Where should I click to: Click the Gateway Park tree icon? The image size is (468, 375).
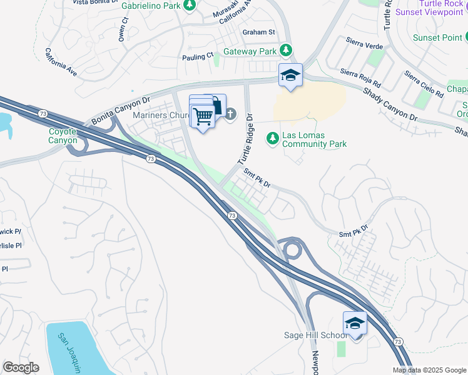(x=286, y=49)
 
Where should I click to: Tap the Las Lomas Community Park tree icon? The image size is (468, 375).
(x=272, y=137)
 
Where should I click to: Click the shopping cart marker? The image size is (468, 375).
(x=203, y=116)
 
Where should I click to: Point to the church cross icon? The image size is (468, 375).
(x=230, y=114)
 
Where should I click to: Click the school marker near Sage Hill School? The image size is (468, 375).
(x=354, y=323)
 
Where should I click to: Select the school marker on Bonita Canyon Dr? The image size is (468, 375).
(x=290, y=76)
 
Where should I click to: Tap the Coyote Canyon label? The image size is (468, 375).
(x=63, y=136)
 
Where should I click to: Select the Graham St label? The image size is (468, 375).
(x=258, y=32)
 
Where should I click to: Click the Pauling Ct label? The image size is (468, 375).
(x=198, y=57)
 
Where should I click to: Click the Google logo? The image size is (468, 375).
(x=21, y=367)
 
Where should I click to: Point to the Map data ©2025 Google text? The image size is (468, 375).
(x=429, y=370)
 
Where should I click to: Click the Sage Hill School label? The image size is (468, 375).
(x=315, y=336)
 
